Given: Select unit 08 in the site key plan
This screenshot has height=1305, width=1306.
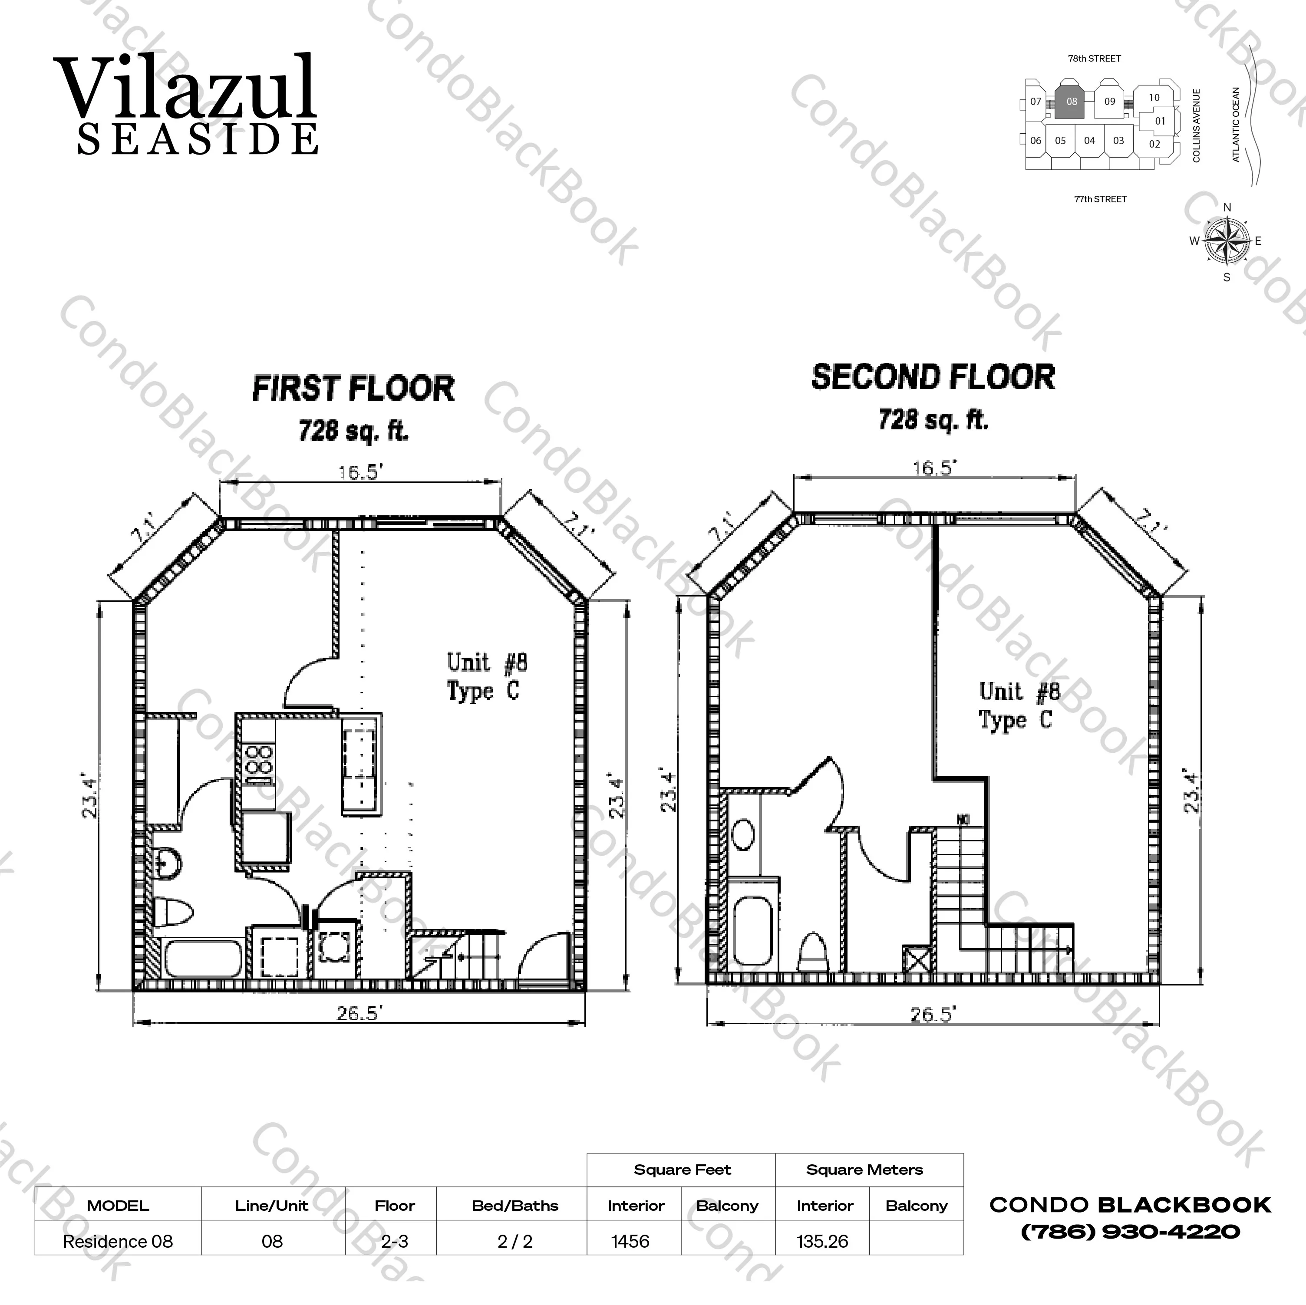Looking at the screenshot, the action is coord(1072,102).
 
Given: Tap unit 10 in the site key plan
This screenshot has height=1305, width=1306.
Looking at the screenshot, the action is coord(1154,98).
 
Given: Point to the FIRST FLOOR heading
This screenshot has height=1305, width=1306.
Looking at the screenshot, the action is coord(353,389).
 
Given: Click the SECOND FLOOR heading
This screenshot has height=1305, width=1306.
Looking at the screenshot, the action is coord(933,377).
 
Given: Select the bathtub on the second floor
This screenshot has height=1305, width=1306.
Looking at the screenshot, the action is coord(752,931).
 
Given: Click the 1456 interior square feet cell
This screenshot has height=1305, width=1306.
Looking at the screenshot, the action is coord(630,1242).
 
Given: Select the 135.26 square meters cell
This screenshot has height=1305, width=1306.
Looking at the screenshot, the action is coord(822,1242).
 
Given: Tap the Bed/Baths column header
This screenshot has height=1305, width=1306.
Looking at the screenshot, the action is coord(515,1206).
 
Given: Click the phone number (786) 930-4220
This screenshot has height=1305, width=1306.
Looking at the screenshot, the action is coord(1130,1231).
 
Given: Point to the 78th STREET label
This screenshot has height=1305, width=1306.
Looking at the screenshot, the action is coord(1095,59).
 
